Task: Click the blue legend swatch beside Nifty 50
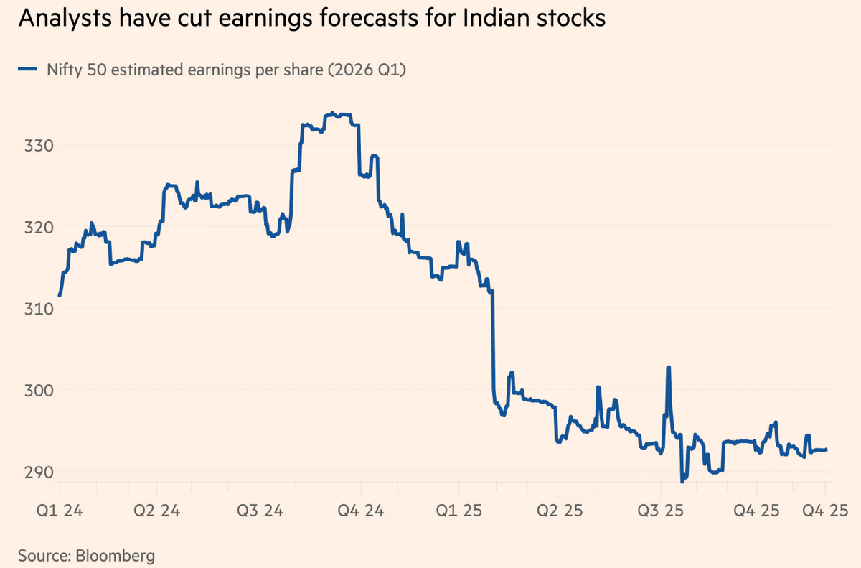28,70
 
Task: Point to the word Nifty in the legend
62,70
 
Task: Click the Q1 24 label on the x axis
59,511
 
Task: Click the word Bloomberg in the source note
112,555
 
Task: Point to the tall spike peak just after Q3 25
669,367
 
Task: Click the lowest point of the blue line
682,481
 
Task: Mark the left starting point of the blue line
60,295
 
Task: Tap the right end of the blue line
827,450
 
